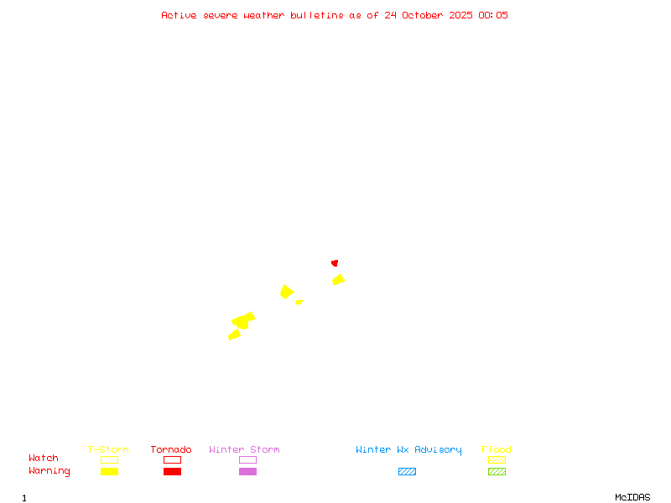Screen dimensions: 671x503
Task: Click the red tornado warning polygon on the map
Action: point(335,262)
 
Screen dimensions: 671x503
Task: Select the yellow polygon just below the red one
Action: point(338,279)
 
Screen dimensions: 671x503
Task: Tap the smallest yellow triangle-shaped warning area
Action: point(299,302)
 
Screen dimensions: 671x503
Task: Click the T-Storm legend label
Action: point(108,450)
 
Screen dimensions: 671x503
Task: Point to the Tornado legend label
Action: point(171,450)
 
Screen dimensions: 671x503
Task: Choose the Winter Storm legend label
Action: point(244,450)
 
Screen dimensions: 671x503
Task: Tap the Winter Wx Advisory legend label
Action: point(408,450)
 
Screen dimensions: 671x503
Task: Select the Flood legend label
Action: point(497,450)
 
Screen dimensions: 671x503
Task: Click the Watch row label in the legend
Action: point(44,459)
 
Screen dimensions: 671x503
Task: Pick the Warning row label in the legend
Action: point(49,471)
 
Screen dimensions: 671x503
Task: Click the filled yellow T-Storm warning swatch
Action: point(109,471)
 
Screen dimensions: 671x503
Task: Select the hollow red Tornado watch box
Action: point(172,459)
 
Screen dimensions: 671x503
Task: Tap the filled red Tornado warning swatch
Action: point(172,471)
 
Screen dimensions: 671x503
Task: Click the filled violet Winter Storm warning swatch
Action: point(247,471)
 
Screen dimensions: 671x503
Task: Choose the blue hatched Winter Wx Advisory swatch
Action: point(407,471)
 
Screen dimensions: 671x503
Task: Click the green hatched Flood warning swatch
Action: point(497,471)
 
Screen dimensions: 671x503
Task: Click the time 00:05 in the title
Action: point(493,15)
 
